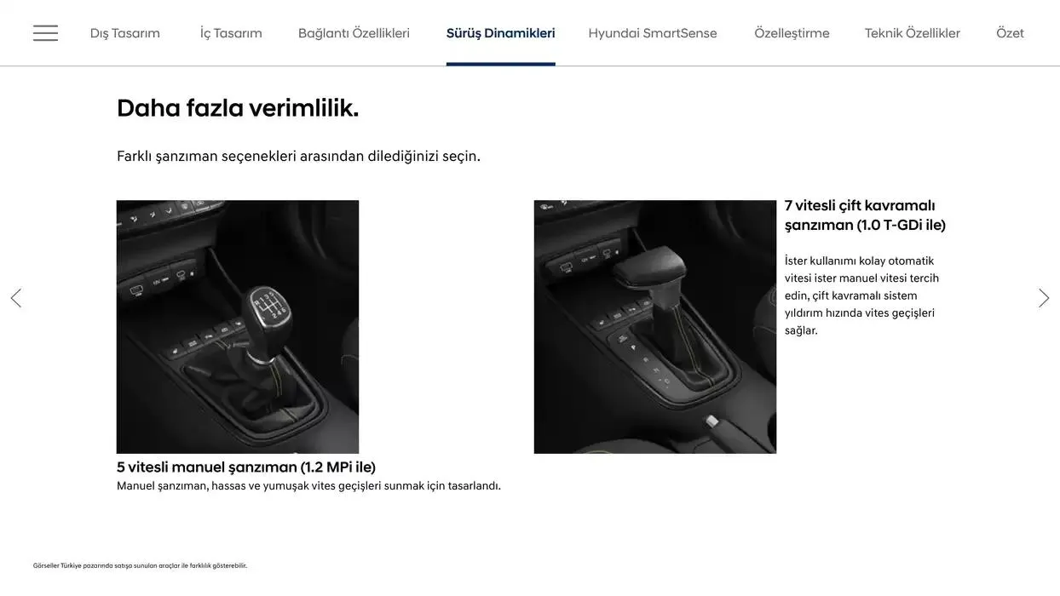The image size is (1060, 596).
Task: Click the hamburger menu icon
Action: [45, 33]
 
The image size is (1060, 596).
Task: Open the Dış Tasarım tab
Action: [125, 33]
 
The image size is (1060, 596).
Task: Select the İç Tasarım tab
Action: [231, 33]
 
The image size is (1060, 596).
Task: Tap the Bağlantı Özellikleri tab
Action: [354, 33]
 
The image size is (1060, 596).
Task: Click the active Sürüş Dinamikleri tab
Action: [500, 33]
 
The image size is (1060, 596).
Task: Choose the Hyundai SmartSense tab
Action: [653, 33]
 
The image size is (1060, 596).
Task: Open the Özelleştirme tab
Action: [792, 33]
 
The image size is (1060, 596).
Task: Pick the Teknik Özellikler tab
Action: [912, 33]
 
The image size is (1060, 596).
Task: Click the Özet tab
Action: [1010, 33]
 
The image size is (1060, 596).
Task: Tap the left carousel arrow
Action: [15, 298]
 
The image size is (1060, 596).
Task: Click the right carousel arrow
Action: [1044, 298]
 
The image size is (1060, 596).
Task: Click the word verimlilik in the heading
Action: [303, 108]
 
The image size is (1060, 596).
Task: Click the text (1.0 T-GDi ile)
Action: [901, 225]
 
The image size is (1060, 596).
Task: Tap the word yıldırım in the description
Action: [803, 312]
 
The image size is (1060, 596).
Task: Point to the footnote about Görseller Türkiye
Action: [140, 565]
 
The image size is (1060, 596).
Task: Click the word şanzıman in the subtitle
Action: [186, 156]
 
